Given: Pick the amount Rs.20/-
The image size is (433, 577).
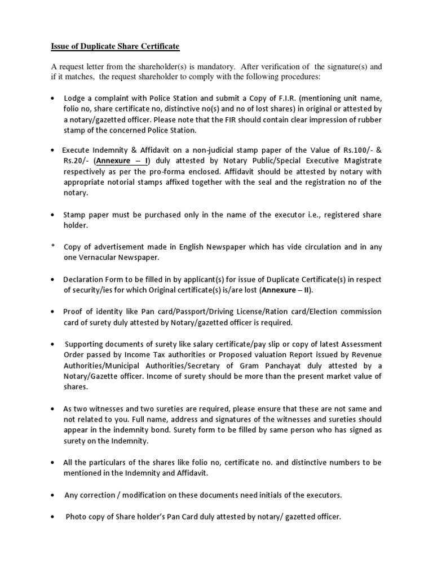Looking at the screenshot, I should (75, 162).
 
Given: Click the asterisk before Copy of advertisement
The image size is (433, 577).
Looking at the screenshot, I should (53, 247).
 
